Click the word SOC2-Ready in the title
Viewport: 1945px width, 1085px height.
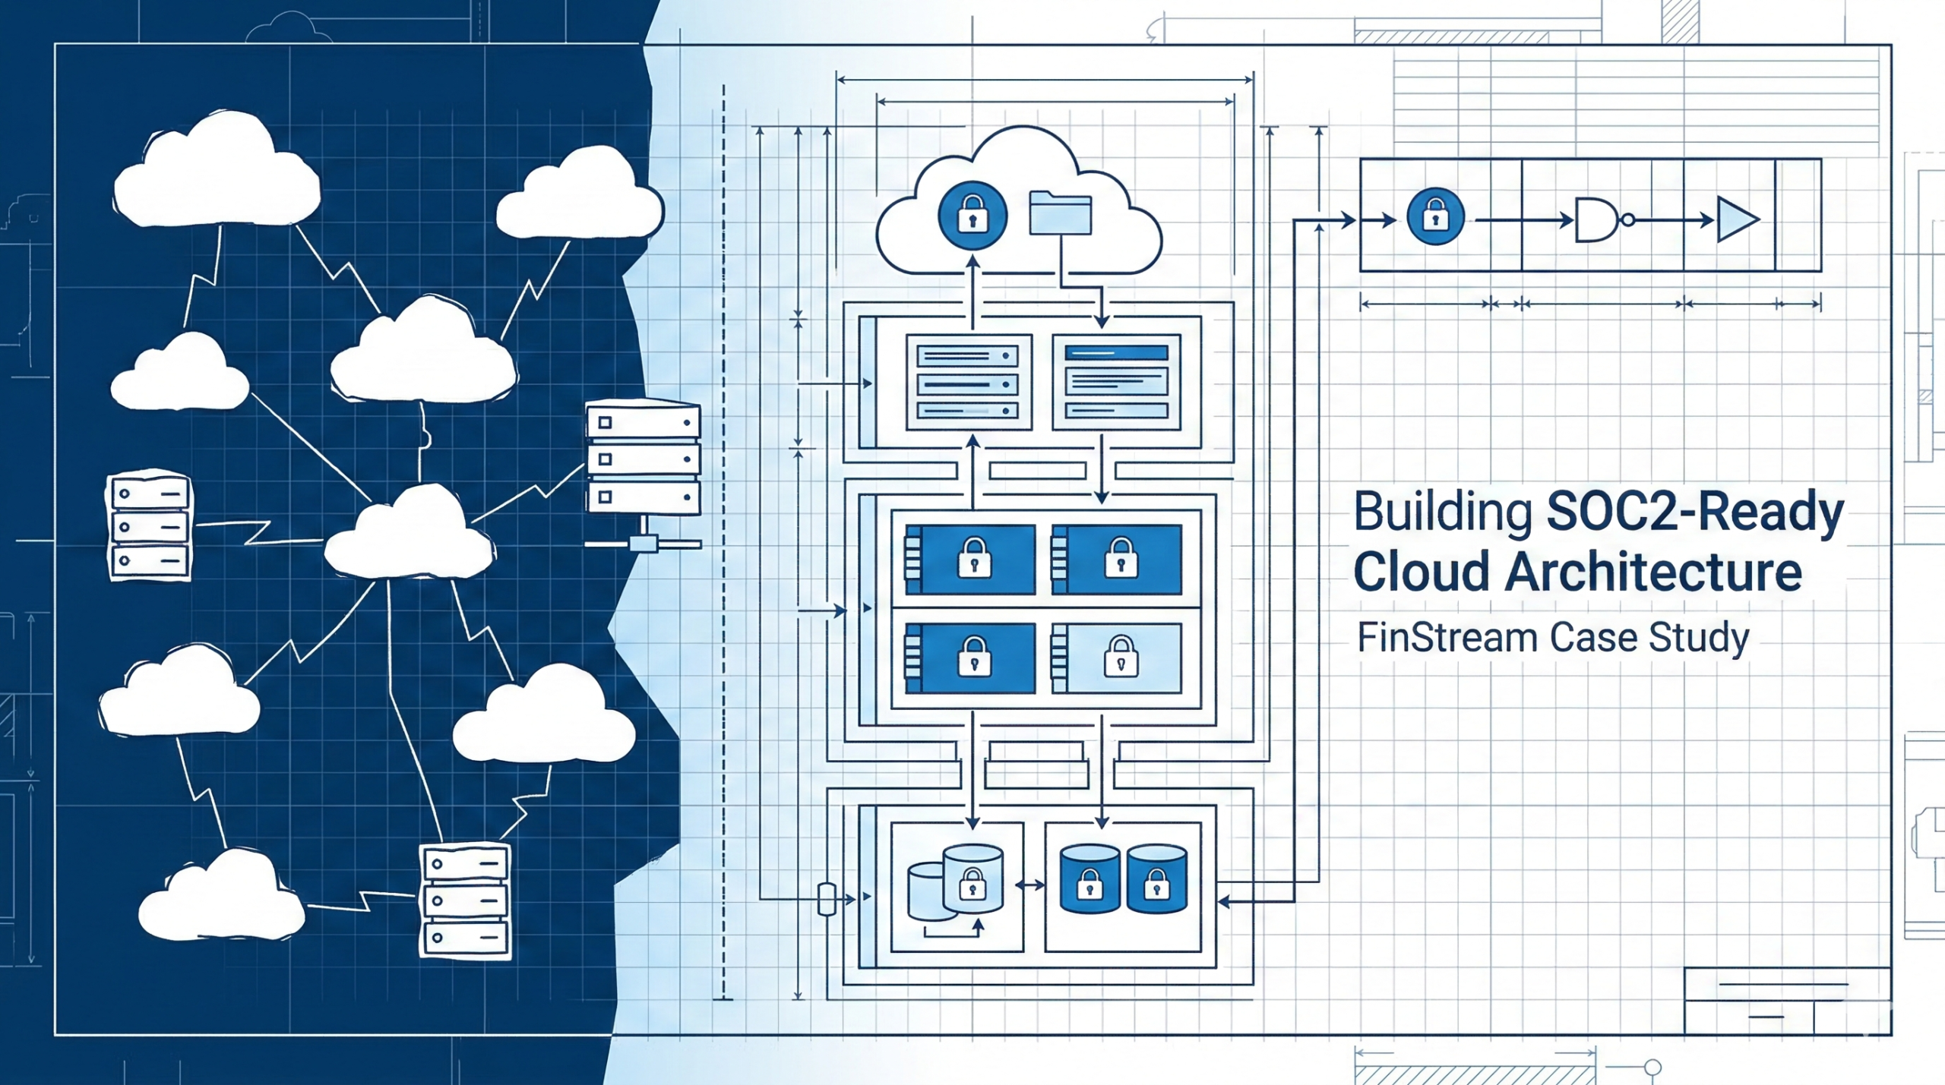(1695, 513)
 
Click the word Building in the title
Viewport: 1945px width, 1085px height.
(1443, 513)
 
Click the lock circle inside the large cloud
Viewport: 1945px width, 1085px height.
(972, 216)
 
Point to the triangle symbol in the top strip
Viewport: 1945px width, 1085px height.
(1736, 220)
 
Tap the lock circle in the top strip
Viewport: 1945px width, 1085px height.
(1435, 217)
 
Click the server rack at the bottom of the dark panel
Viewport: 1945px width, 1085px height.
(465, 901)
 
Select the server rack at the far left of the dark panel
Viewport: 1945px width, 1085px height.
(149, 525)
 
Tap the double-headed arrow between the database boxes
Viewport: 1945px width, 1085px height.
(1030, 885)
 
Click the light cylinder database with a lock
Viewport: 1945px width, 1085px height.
(972, 878)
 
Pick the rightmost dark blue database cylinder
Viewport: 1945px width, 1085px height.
(1156, 878)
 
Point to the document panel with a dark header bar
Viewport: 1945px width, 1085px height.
(1116, 382)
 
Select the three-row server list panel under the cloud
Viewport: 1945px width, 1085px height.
(968, 382)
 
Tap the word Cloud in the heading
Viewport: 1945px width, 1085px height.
(1422, 572)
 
